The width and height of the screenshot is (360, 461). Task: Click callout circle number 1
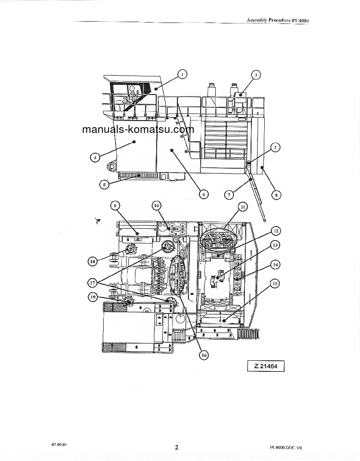(182, 74)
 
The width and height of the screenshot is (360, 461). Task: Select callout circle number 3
(255, 75)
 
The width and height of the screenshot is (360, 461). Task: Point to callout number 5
(104, 185)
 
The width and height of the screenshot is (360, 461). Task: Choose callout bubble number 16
(203, 355)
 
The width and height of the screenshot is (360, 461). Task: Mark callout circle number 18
(92, 261)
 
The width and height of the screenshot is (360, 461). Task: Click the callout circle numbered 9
(115, 205)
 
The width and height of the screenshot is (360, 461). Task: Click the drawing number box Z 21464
(266, 366)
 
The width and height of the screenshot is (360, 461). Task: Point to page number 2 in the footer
(176, 447)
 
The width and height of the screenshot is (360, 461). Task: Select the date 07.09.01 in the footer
(58, 444)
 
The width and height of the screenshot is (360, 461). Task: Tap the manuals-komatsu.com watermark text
(138, 130)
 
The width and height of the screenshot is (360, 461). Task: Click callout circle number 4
(95, 157)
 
